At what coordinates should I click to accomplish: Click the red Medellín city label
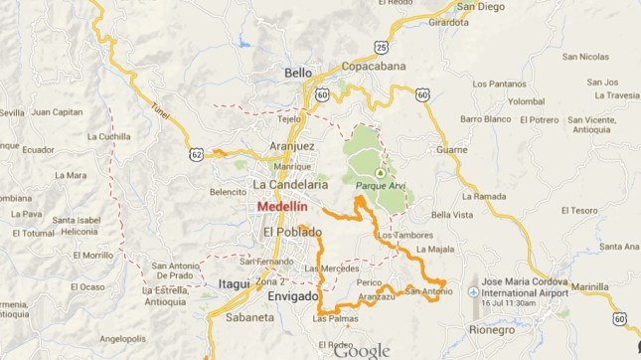click(281, 207)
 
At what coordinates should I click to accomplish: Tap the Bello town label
click(298, 73)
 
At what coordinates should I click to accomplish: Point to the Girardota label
click(447, 22)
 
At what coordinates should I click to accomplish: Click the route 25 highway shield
click(381, 46)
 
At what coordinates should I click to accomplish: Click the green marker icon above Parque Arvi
click(379, 172)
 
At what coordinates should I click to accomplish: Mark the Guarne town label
click(451, 149)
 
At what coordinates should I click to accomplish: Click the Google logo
click(362, 350)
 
